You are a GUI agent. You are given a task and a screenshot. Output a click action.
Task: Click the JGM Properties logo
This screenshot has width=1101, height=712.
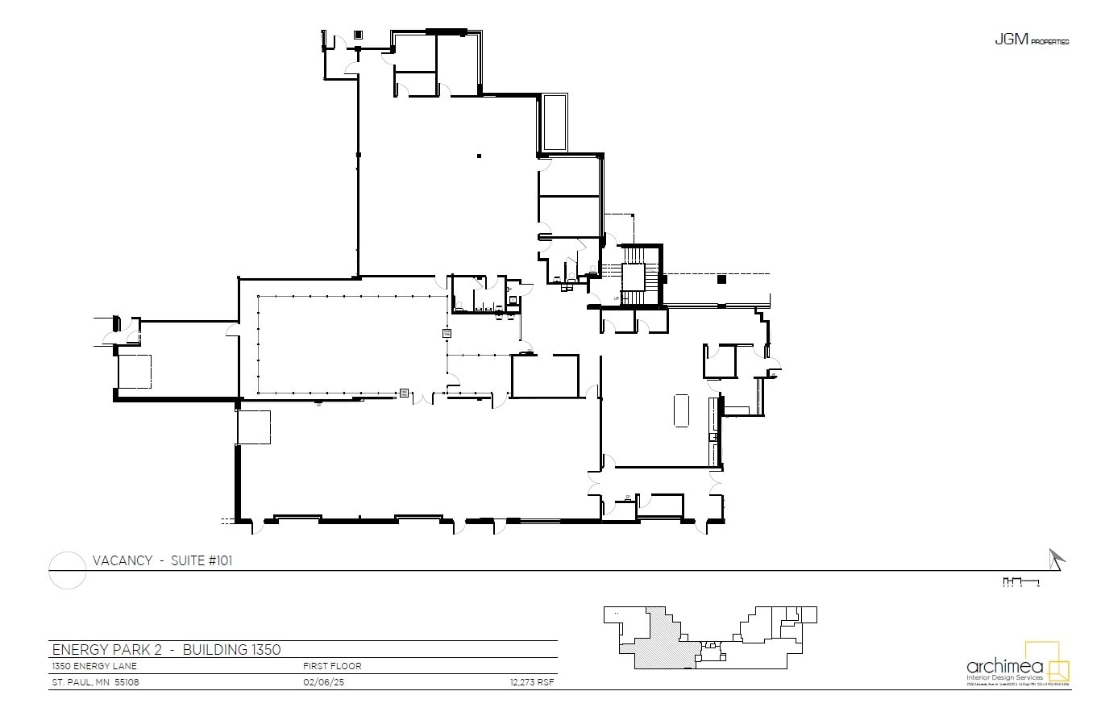pos(1031,40)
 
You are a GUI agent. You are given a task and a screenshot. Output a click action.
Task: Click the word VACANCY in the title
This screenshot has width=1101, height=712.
pos(123,560)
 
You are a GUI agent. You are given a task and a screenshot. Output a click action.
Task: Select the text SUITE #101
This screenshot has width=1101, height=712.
pos(202,560)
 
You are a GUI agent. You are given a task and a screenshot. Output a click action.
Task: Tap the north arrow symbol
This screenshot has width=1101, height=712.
pos(1056,558)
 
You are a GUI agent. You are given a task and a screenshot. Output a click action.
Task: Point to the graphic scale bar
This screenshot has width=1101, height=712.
pos(1020,581)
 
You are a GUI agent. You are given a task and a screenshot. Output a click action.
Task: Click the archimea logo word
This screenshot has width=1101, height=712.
pos(1004,666)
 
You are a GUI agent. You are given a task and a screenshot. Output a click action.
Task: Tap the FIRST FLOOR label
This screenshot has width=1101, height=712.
pos(332,666)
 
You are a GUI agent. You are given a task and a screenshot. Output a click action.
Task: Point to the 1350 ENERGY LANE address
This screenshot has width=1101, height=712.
pos(94,666)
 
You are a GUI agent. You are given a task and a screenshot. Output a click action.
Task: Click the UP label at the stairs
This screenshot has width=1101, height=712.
pos(617,298)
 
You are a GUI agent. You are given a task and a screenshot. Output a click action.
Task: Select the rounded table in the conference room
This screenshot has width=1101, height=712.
pos(681,410)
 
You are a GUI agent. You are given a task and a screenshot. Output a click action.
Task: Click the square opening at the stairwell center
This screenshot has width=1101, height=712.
pos(633,277)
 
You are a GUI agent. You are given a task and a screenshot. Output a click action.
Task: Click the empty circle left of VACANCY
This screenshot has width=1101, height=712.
pos(68,570)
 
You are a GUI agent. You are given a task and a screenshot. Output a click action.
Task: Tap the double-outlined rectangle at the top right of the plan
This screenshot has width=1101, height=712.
pos(555,123)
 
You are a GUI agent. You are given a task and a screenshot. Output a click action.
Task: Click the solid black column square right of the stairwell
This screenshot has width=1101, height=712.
pos(721,279)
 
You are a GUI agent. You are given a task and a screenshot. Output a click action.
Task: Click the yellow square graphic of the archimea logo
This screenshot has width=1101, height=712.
pos(1046,662)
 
